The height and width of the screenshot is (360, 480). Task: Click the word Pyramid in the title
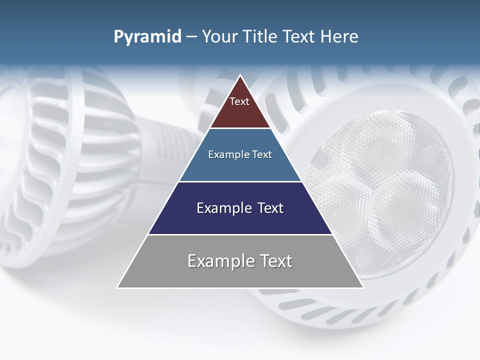click(x=147, y=37)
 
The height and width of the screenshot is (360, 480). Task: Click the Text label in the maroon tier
click(x=239, y=101)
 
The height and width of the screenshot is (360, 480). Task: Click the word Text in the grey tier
click(x=274, y=261)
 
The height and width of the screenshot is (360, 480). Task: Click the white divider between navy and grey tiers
click(x=240, y=234)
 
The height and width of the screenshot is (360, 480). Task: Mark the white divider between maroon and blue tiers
click(x=240, y=128)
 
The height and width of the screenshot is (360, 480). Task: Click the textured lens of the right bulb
click(x=380, y=190)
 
